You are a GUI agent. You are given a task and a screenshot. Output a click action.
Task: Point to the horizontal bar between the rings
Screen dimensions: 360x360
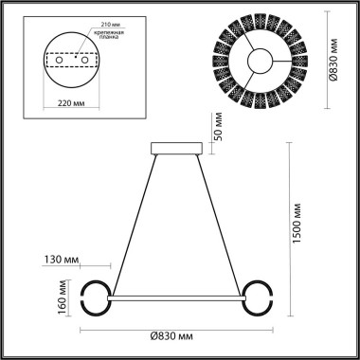[177, 299]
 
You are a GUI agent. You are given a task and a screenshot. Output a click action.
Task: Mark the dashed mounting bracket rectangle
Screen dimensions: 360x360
[76, 60]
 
